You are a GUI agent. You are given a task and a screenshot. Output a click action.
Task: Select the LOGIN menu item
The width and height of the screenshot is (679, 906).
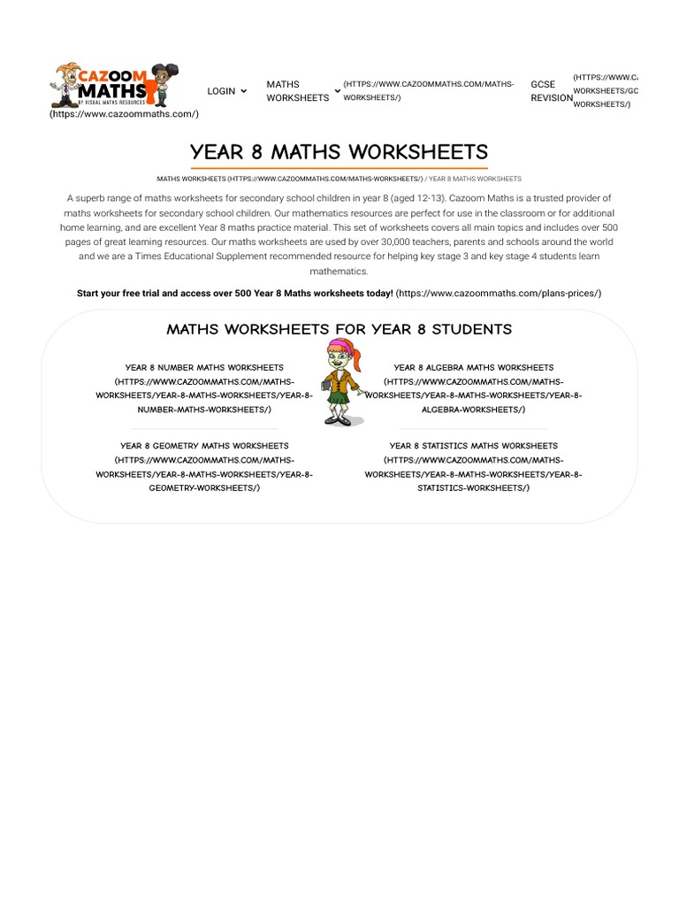pyautogui.click(x=221, y=91)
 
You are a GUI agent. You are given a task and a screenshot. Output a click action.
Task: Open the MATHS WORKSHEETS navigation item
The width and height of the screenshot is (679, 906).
pyautogui.click(x=297, y=91)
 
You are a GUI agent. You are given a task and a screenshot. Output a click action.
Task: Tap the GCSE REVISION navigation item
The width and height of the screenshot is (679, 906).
pyautogui.click(x=551, y=91)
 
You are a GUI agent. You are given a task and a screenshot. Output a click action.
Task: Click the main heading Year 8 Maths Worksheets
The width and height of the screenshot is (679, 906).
pyautogui.click(x=339, y=152)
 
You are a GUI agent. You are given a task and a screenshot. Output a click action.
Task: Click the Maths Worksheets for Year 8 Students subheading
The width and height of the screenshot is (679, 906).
pyautogui.click(x=339, y=329)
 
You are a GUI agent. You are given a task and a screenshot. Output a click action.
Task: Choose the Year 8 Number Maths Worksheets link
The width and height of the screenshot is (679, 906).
pyautogui.click(x=204, y=367)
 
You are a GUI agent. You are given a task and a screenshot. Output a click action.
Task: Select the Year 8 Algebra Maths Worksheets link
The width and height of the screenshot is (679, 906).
pyautogui.click(x=473, y=367)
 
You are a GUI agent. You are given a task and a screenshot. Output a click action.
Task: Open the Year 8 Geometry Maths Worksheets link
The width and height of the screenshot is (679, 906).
pyautogui.click(x=204, y=446)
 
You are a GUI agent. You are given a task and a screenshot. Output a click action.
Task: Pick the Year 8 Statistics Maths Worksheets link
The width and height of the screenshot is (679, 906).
pyautogui.click(x=473, y=446)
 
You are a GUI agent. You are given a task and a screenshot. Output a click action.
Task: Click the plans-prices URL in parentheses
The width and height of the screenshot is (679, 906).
pyautogui.click(x=499, y=293)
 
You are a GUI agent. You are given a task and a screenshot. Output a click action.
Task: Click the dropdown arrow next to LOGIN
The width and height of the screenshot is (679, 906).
pyautogui.click(x=244, y=91)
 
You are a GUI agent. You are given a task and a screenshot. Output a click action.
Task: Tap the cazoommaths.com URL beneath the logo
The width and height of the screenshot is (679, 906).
pyautogui.click(x=124, y=114)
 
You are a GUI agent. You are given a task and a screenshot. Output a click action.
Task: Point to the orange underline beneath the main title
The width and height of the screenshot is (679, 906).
pyautogui.click(x=339, y=167)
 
